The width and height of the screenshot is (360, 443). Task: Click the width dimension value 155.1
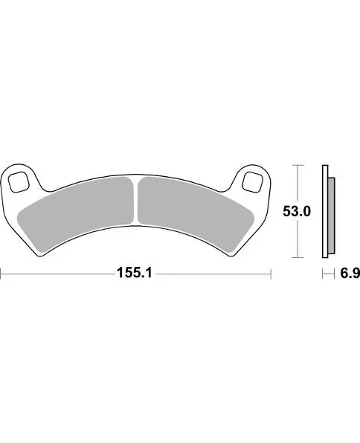[134, 274]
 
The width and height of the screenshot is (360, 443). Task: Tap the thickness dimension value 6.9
[350, 274]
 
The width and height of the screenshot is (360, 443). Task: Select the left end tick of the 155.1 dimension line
[1, 274]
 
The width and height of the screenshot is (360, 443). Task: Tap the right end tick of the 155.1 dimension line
[270, 274]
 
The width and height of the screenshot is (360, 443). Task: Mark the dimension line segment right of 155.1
[212, 274]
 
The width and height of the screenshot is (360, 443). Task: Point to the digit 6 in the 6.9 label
[344, 274]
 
